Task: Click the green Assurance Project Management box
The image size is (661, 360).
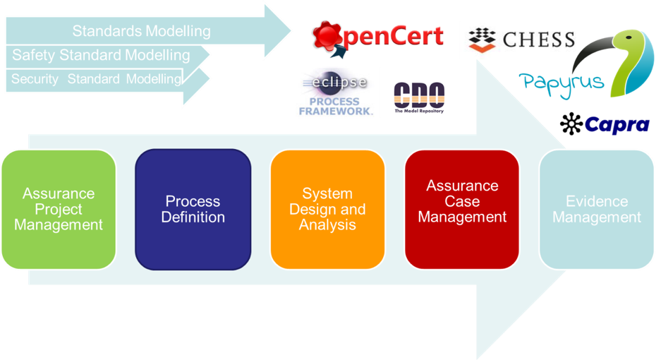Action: (x=59, y=210)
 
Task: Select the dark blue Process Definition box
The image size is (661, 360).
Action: (x=193, y=210)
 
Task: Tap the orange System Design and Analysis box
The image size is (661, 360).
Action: (x=327, y=210)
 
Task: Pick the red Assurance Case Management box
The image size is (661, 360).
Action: (x=462, y=210)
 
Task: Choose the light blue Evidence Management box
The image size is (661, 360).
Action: (x=597, y=210)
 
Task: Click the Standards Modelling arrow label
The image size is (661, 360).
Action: (x=142, y=31)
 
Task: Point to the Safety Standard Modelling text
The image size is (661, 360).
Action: (x=101, y=55)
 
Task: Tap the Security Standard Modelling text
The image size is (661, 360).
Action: (x=96, y=79)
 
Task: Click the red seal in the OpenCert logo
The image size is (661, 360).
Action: (x=327, y=35)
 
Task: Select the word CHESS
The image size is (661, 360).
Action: (x=539, y=40)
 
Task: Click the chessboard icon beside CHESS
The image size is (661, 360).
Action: (x=482, y=40)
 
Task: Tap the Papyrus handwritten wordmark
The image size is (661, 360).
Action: (x=562, y=83)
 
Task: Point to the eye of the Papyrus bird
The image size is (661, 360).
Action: (x=629, y=37)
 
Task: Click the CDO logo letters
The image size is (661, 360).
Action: (x=419, y=95)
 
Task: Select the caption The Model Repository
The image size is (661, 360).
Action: (x=419, y=111)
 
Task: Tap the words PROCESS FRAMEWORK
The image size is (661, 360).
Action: (x=336, y=107)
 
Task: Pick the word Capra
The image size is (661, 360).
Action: (x=617, y=125)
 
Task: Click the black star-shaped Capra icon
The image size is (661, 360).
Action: (x=571, y=124)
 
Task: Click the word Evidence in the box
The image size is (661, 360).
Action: (x=597, y=201)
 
